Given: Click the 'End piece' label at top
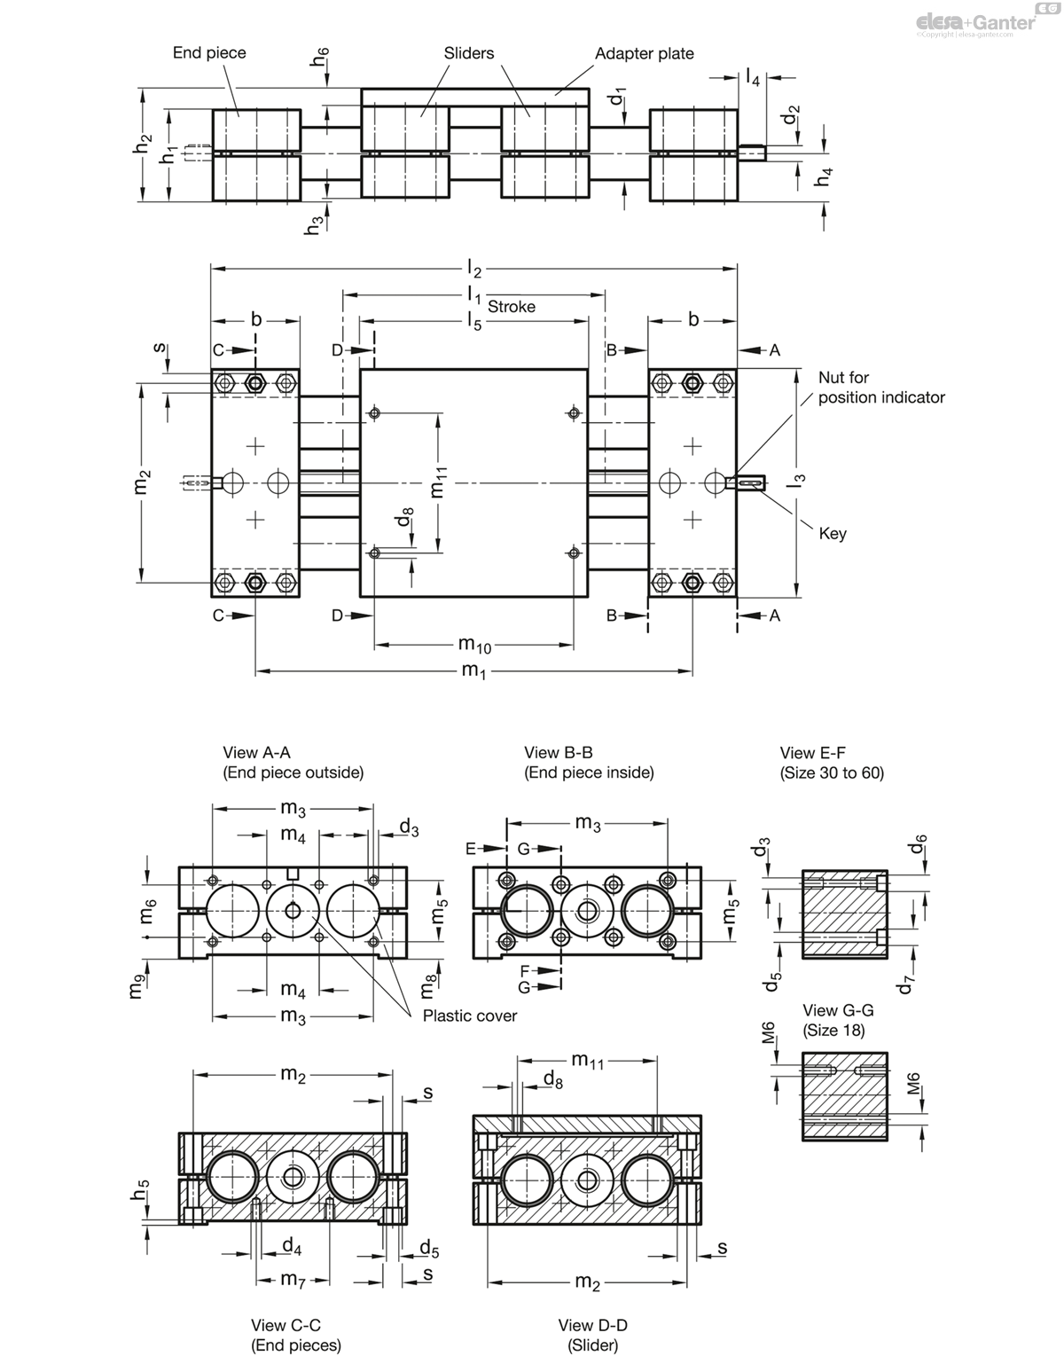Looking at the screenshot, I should pyautogui.click(x=209, y=53).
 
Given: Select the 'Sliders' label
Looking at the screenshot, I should pyautogui.click(x=469, y=53).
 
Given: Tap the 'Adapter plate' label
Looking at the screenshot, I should pyautogui.click(x=644, y=54).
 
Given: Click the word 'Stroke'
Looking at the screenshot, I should pyautogui.click(x=512, y=307).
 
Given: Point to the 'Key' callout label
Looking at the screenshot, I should pyautogui.click(x=833, y=534).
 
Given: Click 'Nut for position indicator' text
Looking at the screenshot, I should pyautogui.click(x=881, y=388).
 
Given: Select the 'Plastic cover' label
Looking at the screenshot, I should pyautogui.click(x=469, y=1015).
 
